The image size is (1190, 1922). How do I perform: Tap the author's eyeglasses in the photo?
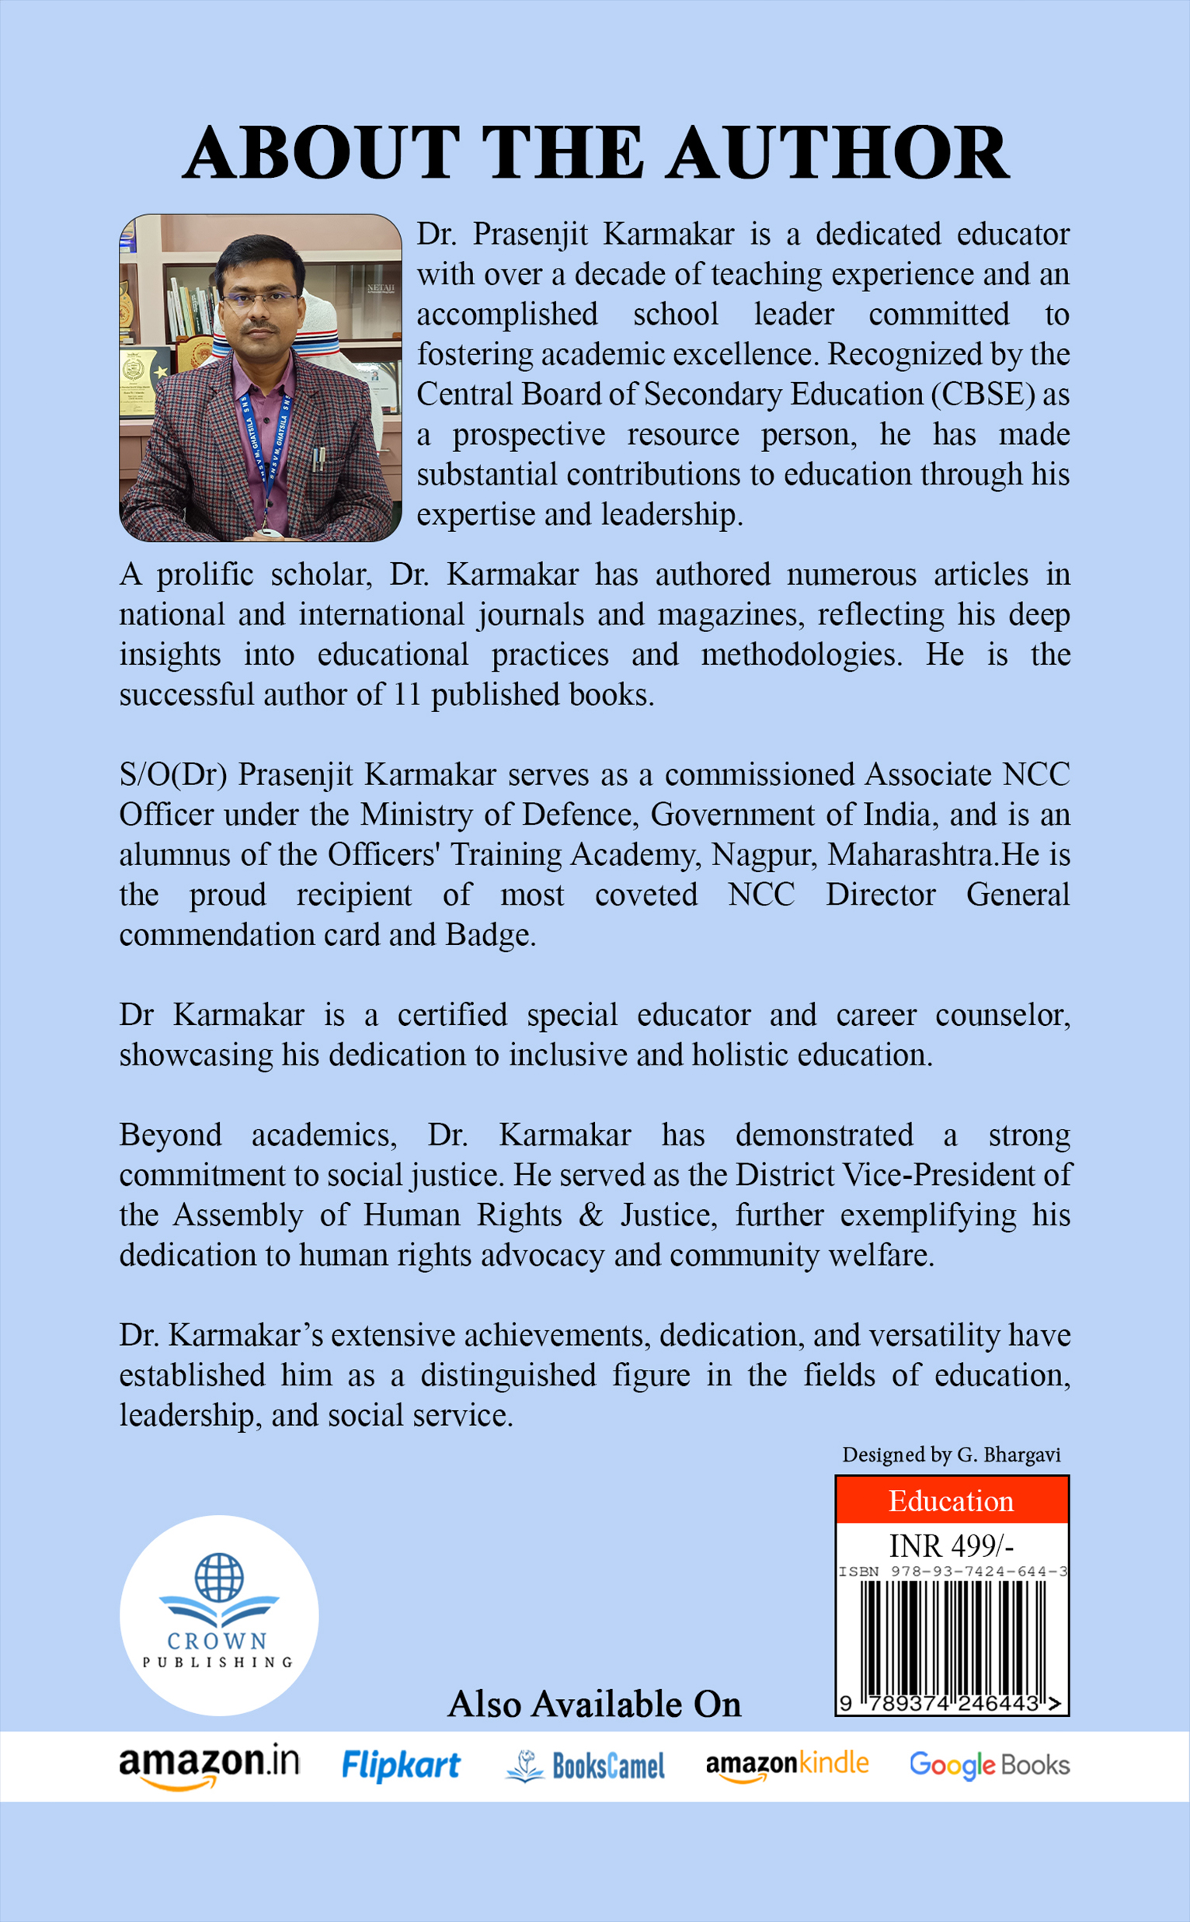[x=259, y=299]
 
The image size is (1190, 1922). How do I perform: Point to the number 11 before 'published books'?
[x=408, y=695]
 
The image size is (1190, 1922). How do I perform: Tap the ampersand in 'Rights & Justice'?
[x=590, y=1215]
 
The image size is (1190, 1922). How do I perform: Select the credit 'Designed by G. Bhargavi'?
[x=951, y=1455]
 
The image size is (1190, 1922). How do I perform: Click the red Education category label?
[x=951, y=1501]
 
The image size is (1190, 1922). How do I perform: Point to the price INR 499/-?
[x=951, y=1546]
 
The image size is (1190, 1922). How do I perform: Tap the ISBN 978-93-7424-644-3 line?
[x=952, y=1571]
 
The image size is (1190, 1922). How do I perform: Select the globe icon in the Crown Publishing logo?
[x=219, y=1576]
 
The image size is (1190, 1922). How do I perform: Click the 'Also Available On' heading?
[x=594, y=1704]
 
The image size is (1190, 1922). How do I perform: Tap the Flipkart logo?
[x=401, y=1765]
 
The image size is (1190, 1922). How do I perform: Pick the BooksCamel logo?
[x=586, y=1766]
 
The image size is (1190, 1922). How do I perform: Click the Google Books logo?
[x=990, y=1765]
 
